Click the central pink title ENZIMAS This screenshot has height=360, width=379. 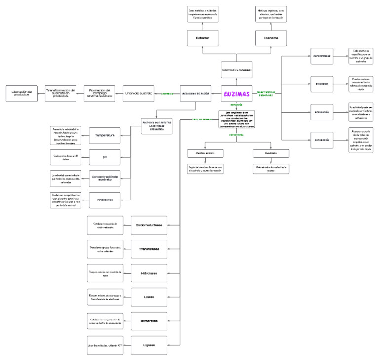236,93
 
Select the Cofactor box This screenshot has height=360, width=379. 202,38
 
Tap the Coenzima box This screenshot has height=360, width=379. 271,38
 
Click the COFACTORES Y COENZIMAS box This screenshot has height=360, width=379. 236,70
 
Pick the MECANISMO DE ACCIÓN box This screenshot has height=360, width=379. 196,93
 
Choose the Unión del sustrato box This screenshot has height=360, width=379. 138,93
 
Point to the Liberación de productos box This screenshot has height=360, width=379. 22,93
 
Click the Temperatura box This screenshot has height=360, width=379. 105,135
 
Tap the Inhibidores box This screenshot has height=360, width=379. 105,200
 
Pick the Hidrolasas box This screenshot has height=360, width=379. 149,273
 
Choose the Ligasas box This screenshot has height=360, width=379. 149,345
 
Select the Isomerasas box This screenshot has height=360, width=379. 149,321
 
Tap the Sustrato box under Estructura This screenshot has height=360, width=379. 271,153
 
